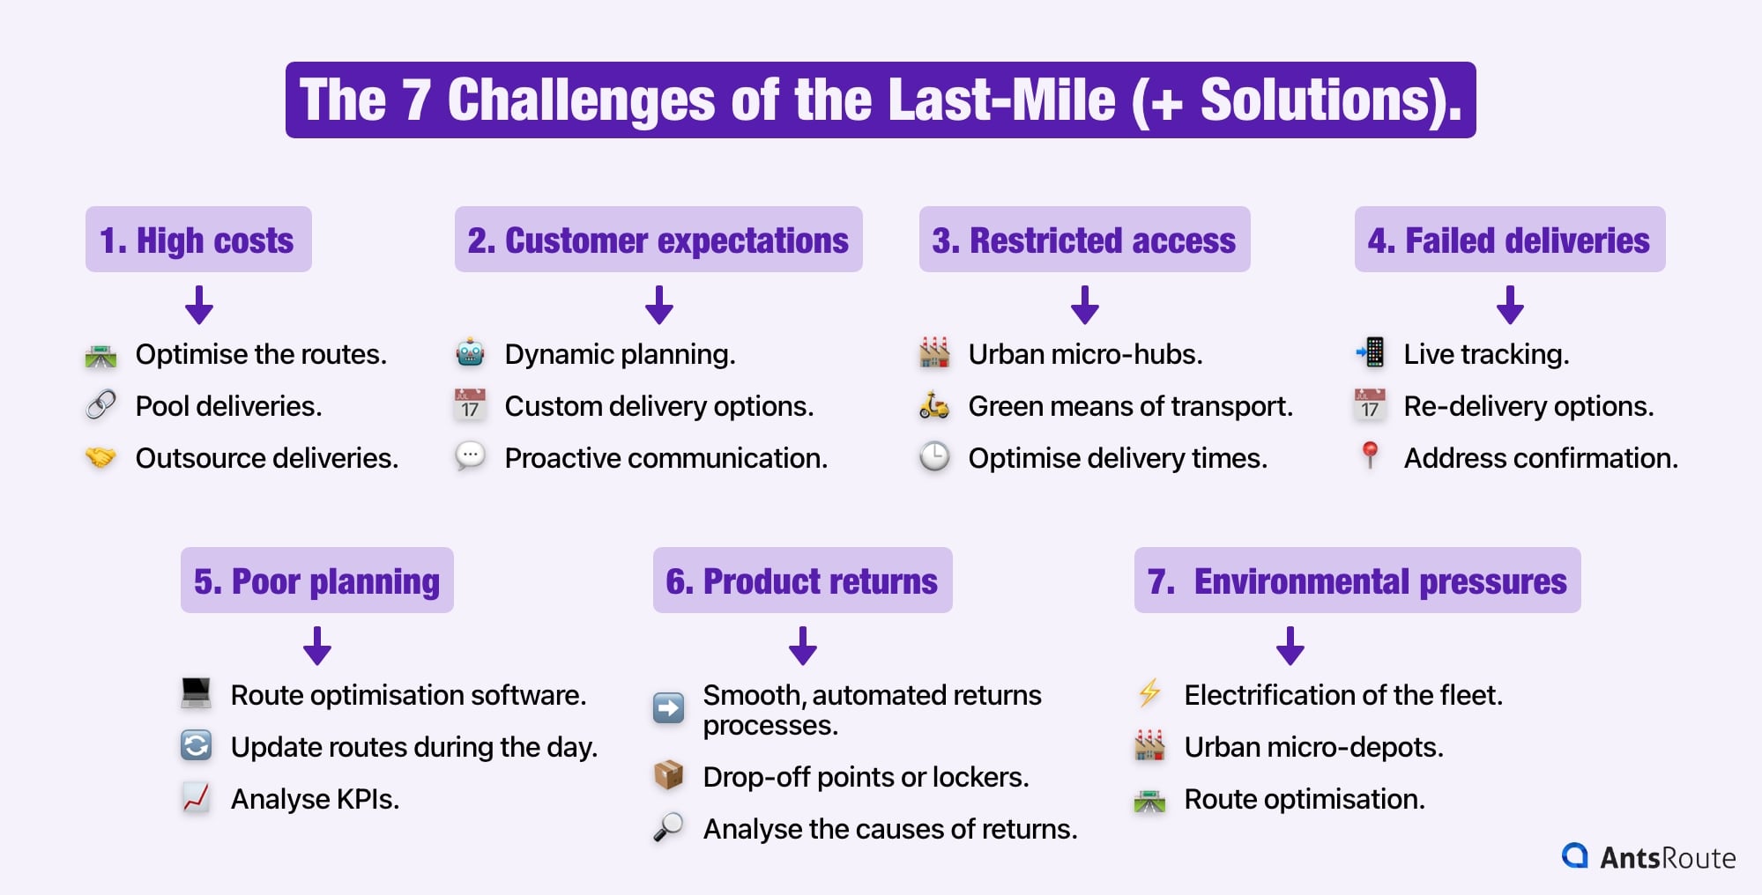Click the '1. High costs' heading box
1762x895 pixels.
tap(197, 240)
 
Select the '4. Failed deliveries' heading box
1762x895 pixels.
tap(1509, 240)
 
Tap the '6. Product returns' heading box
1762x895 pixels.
tap(801, 581)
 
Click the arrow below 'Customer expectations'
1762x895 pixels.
tap(658, 305)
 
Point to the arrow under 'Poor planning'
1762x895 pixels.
tap(317, 646)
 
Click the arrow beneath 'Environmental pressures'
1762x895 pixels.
tap(1290, 646)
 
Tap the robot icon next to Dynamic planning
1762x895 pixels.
tap(470, 353)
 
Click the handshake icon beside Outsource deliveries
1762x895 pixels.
tap(100, 457)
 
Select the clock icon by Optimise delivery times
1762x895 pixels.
tap(934, 457)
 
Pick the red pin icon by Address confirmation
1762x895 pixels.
tap(1370, 455)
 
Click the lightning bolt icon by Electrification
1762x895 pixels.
tap(1149, 694)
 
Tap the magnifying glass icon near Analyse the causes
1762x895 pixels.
tap(668, 827)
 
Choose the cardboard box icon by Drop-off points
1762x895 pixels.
tap(668, 775)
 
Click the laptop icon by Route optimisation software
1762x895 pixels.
tap(196, 693)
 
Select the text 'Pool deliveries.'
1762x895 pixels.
tap(228, 406)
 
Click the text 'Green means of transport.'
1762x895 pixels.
tap(1130, 406)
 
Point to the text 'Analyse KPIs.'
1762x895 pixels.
tap(315, 799)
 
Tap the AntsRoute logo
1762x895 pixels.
tap(1647, 856)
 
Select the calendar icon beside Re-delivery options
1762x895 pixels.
tap(1370, 405)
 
